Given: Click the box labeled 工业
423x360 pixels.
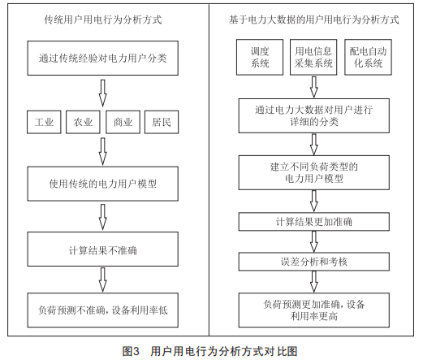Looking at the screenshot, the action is point(44,122).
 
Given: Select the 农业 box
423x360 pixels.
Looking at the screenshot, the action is point(83,122).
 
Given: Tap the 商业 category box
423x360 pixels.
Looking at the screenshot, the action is point(123,122).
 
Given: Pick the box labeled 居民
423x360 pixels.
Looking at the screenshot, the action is point(162,122).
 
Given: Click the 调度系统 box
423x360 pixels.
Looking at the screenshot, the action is point(260,57).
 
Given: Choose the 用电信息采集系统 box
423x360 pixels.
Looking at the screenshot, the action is point(313,57).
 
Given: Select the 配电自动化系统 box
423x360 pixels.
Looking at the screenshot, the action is point(368,57).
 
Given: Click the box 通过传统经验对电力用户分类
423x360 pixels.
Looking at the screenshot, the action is point(103,59).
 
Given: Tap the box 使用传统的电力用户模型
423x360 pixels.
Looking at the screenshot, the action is point(103,184).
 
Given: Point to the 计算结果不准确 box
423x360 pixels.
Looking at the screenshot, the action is point(103,249).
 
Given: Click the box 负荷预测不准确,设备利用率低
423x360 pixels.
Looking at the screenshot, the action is point(103,310).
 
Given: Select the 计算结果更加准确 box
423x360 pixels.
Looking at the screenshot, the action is point(314,222).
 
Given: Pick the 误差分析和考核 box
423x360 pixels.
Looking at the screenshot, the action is point(314,262).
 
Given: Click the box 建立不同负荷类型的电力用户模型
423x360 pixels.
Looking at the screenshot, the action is point(314,172).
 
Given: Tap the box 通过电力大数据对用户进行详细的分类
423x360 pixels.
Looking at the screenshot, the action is point(314,115).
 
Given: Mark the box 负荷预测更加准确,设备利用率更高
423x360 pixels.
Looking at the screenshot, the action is point(314,310).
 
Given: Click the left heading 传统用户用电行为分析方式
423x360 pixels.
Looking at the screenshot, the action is point(103,20).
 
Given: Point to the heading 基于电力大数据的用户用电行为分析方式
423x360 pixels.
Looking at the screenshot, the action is point(314,20).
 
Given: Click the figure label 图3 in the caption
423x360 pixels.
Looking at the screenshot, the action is point(131,351).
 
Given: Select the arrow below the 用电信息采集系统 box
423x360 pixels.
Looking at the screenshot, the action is point(314,87).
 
